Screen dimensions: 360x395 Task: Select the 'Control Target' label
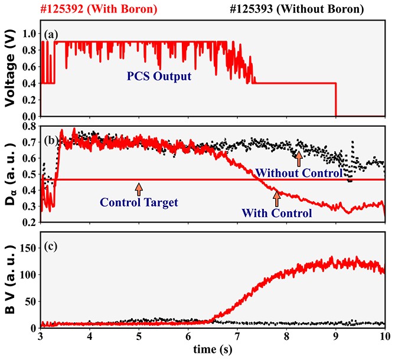pyautogui.click(x=139, y=202)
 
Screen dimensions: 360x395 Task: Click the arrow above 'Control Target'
pyautogui.click(x=139, y=189)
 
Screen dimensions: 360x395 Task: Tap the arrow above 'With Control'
pyautogui.click(x=276, y=198)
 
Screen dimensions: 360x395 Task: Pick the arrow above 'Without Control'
pyautogui.click(x=299, y=158)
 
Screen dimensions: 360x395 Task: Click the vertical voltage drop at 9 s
pyautogui.click(x=335, y=99)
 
